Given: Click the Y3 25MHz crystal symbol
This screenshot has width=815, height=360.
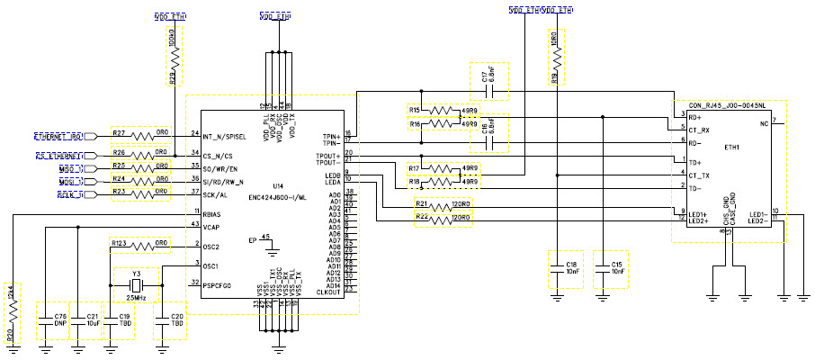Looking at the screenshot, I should [137, 289].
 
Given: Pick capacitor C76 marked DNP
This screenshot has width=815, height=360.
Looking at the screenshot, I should [46, 320].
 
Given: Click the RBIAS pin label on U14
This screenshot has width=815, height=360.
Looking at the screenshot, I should [212, 215].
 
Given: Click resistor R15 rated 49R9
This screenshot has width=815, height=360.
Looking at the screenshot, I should [442, 111].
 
